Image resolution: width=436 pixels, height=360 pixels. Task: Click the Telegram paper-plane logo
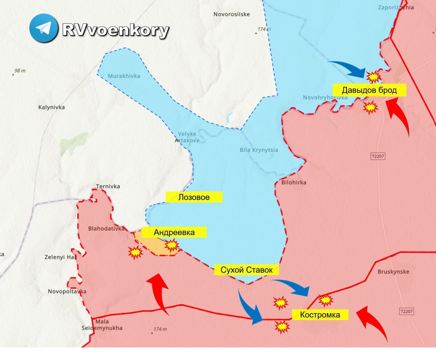pos(44,28)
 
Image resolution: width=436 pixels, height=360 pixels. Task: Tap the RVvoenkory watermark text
pos(116,30)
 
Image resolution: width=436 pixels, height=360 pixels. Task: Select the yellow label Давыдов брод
pos(369,90)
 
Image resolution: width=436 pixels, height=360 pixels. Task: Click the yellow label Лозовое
pos(194,197)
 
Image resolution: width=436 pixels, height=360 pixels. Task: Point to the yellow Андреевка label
pos(174,232)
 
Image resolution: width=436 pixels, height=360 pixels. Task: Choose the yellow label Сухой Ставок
pos(246,270)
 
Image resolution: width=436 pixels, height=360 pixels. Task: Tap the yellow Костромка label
pos(320,315)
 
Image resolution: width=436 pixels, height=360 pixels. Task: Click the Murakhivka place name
pos(124,76)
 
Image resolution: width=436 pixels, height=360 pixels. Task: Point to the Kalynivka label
pos(51,107)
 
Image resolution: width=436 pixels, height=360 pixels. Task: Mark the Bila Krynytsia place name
pos(259,150)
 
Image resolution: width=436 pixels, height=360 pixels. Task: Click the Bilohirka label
pos(294,183)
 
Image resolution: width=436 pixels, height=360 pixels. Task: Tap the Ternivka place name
pos(108,187)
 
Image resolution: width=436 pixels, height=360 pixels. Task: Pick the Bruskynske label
pos(393,272)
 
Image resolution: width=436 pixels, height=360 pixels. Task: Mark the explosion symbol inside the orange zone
pos(171,246)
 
